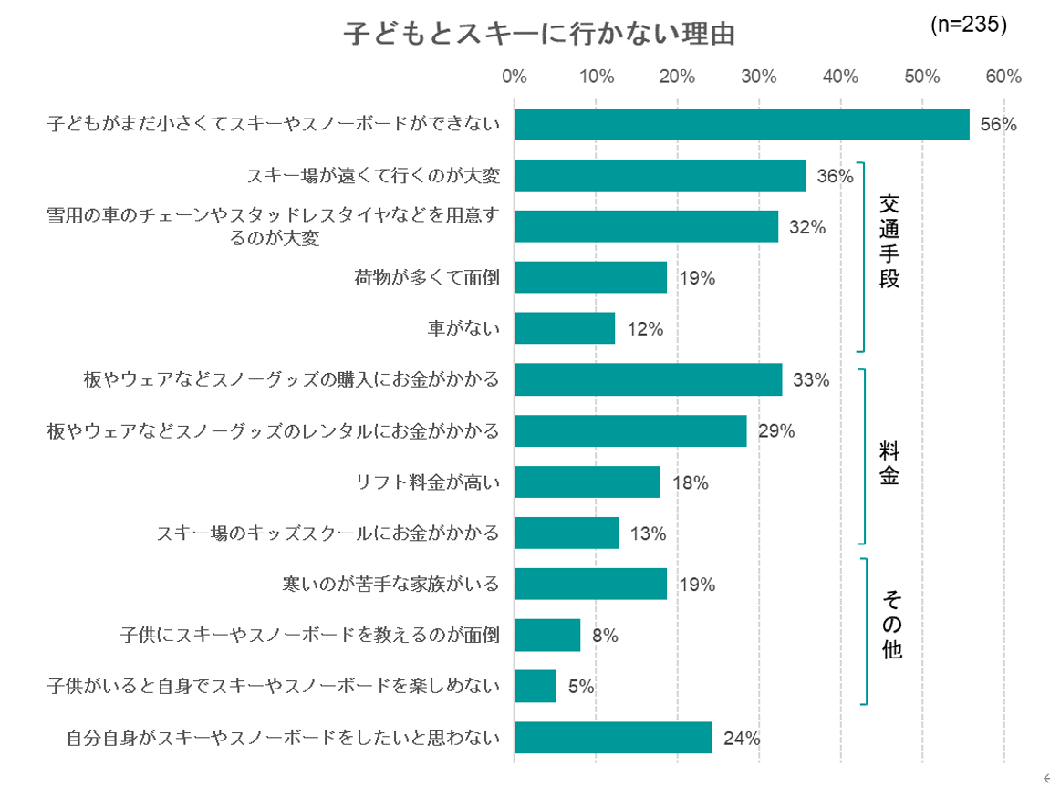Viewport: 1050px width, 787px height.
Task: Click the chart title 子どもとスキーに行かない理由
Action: click(x=538, y=34)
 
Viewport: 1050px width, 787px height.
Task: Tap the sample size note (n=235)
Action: click(x=968, y=25)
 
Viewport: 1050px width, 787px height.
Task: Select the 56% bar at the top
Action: click(x=741, y=124)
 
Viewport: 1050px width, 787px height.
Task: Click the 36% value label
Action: click(x=835, y=176)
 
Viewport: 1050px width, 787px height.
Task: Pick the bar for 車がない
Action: click(x=564, y=328)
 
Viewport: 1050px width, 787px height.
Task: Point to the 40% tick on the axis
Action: click(x=840, y=77)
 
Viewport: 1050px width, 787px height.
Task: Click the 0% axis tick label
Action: click(x=515, y=77)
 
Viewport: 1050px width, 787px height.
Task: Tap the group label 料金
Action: click(x=889, y=462)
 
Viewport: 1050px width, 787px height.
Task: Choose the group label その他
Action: click(x=890, y=625)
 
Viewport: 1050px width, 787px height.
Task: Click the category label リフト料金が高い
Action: click(x=428, y=482)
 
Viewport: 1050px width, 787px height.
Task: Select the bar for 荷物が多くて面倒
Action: click(x=590, y=277)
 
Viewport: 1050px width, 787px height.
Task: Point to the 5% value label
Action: click(x=581, y=687)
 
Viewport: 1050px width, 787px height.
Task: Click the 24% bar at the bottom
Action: click(x=613, y=738)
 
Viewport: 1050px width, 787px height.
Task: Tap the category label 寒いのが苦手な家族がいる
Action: click(x=391, y=584)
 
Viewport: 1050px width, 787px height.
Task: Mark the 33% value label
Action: click(x=810, y=380)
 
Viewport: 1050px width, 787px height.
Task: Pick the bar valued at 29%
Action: click(x=630, y=430)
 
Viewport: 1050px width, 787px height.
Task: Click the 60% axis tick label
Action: click(x=1003, y=77)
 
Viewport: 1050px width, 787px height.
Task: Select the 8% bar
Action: click(x=547, y=635)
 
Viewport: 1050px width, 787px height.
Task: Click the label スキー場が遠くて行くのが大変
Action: click(x=373, y=175)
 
